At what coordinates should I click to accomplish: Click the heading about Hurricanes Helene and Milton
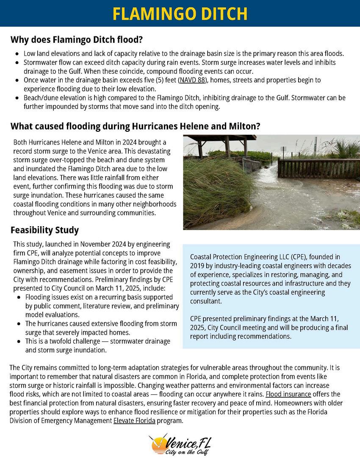(135, 126)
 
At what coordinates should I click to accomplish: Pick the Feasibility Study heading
(44, 230)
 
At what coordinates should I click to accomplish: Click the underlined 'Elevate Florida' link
(134, 421)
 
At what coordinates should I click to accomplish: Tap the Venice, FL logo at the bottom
(180, 445)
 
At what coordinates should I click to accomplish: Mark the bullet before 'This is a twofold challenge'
(20, 341)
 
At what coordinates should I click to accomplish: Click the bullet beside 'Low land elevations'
(17, 54)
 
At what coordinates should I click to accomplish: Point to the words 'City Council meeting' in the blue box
(236, 328)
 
